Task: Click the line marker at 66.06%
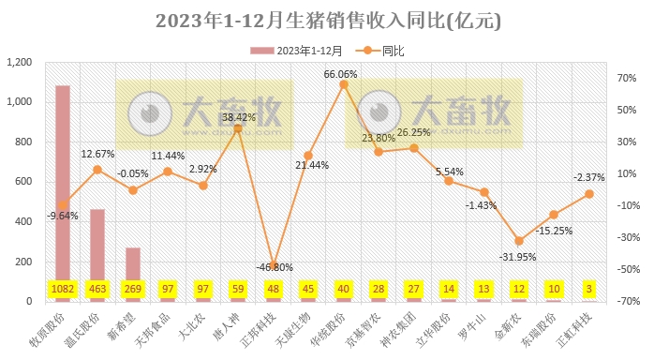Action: (x=344, y=84)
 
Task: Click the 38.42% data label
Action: (x=239, y=117)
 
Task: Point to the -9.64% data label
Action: (x=63, y=216)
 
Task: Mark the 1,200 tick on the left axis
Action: (x=20, y=63)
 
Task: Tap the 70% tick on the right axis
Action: (x=626, y=79)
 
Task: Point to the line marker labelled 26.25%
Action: (x=414, y=148)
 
